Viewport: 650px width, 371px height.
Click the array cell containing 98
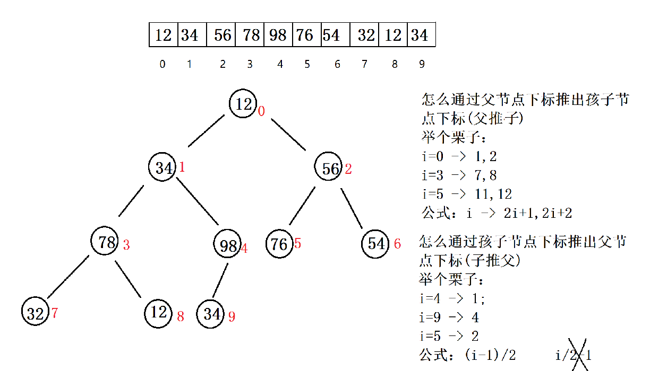[278, 35]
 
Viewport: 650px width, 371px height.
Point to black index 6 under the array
[337, 64]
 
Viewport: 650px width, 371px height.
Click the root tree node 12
[243, 104]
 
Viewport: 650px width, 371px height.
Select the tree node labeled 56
[330, 168]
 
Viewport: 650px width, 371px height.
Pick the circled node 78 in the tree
[106, 242]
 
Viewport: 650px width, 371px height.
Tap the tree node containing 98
[228, 245]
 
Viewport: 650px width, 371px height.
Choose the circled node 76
[279, 244]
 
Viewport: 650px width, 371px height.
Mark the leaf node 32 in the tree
[36, 313]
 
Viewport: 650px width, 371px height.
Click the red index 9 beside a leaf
[232, 317]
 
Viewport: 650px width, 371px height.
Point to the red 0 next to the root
[261, 111]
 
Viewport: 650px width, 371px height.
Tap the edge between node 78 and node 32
[68, 277]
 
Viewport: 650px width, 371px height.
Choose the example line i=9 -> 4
[449, 317]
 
